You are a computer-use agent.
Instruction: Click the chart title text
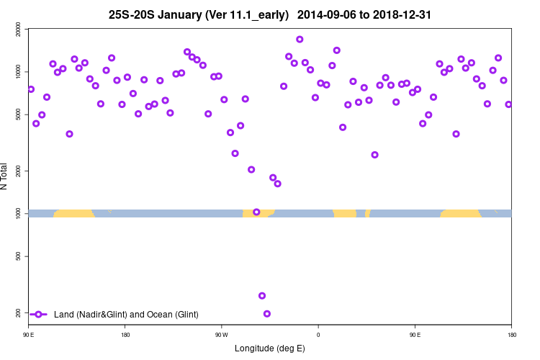[269, 14]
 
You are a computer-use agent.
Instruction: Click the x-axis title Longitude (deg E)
[270, 348]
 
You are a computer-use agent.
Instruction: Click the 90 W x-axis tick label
[221, 335]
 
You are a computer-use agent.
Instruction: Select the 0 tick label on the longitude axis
[318, 335]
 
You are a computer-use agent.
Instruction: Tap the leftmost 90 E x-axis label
[29, 335]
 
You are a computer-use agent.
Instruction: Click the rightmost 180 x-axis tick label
[511, 335]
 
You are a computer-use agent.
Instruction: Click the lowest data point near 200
[267, 314]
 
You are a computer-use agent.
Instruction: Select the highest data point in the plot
[300, 40]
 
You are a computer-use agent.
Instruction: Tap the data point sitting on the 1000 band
[256, 212]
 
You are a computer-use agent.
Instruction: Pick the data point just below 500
[262, 296]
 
